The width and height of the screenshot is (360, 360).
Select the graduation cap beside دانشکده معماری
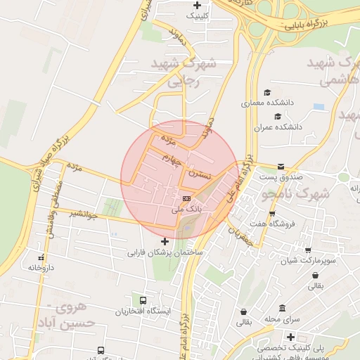pyautogui.click(x=266, y=93)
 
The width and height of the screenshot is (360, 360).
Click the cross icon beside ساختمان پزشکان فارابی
pyautogui.click(x=165, y=242)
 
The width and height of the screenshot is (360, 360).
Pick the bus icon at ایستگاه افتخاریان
pyautogui.click(x=144, y=300)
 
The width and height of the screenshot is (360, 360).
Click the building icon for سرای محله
pyautogui.click(x=282, y=308)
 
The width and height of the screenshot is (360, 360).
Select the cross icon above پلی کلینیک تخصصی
pyautogui.click(x=290, y=337)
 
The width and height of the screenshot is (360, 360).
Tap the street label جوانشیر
pyautogui.click(x=83, y=214)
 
